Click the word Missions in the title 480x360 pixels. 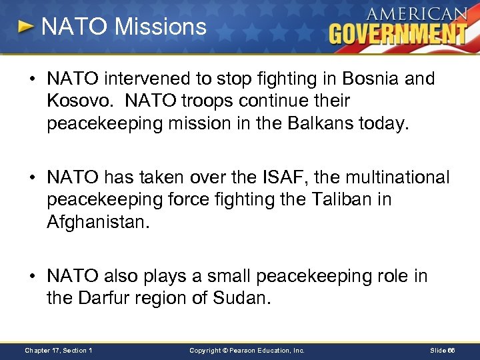(161, 27)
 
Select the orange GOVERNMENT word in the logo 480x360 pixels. (398, 33)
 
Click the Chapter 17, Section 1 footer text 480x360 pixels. (59, 350)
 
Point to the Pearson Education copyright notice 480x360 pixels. (247, 350)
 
